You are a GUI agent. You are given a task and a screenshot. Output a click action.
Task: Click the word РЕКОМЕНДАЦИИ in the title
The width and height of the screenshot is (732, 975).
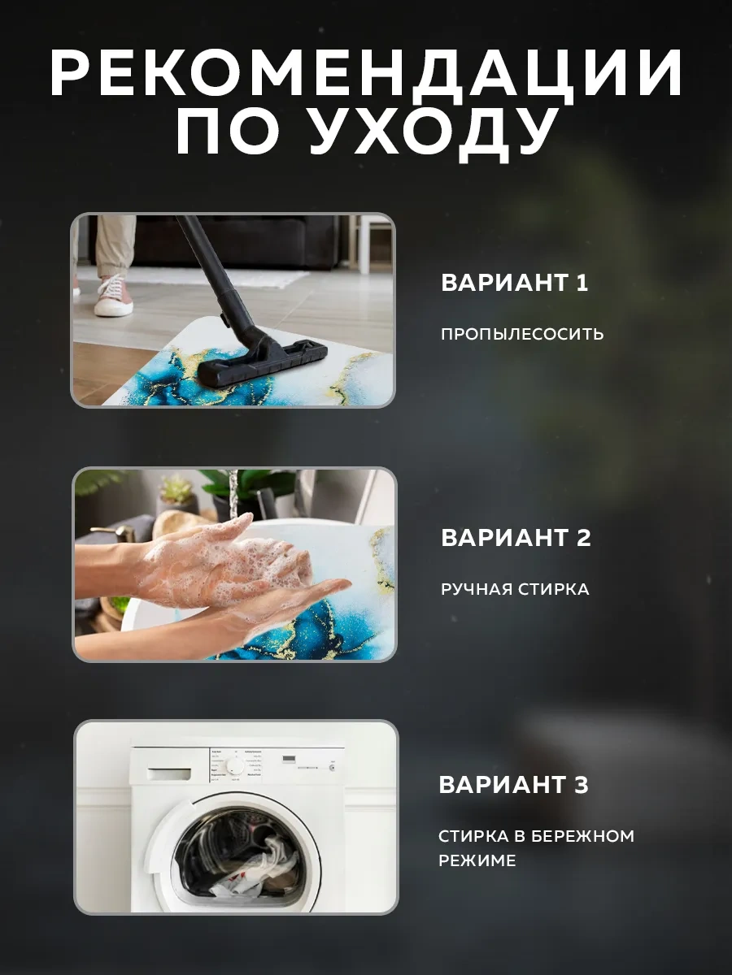366,76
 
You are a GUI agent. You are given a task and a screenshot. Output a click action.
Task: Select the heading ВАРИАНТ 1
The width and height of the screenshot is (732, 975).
514,284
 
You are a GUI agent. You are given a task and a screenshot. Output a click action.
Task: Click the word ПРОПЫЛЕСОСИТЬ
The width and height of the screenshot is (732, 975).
522,334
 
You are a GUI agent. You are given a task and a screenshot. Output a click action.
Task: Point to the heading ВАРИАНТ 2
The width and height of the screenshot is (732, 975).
516,538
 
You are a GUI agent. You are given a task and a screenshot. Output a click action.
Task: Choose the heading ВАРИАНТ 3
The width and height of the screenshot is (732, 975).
513,786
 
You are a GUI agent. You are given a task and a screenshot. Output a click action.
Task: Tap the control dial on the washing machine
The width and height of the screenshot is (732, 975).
235,766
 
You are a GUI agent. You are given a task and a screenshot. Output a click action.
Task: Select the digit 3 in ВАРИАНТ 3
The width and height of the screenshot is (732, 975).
581,786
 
